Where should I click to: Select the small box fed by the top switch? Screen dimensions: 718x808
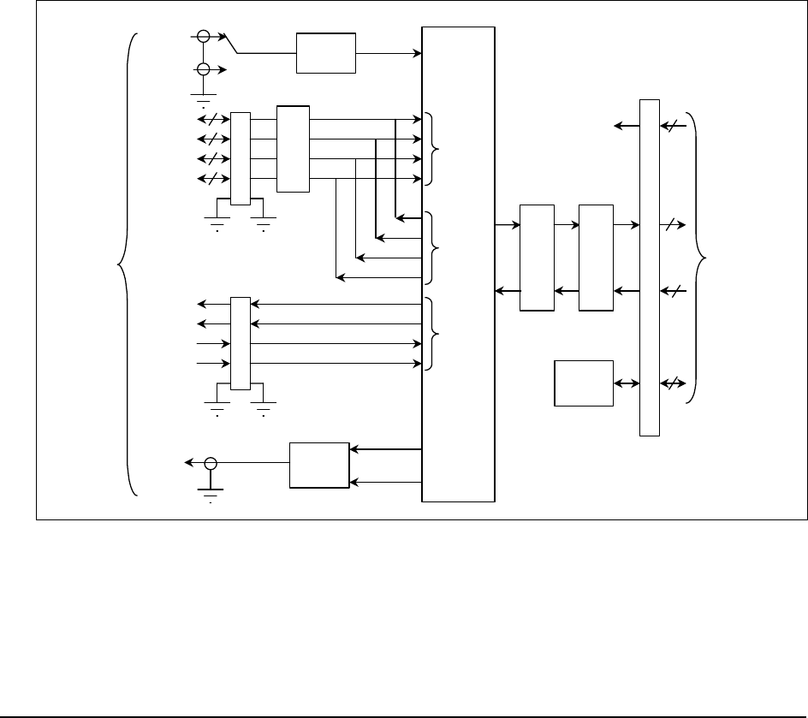click(x=325, y=54)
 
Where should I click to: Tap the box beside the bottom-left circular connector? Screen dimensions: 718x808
click(x=319, y=465)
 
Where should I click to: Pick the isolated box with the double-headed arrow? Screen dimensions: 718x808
click(x=584, y=383)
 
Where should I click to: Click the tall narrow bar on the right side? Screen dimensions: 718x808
click(x=650, y=267)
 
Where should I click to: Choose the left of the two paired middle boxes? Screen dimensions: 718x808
click(x=537, y=258)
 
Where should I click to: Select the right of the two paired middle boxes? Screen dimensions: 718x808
click(x=596, y=258)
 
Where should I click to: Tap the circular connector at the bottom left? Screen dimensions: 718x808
click(x=211, y=464)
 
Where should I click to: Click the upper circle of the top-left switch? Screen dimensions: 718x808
click(x=204, y=36)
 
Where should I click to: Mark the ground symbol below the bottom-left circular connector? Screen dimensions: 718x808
click(x=210, y=493)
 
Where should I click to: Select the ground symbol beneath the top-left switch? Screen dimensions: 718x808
click(x=204, y=92)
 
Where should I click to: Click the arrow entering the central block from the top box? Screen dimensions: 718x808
click(x=389, y=54)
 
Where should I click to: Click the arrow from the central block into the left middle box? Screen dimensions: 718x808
click(x=508, y=225)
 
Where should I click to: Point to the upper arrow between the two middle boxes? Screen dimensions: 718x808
click(x=566, y=225)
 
